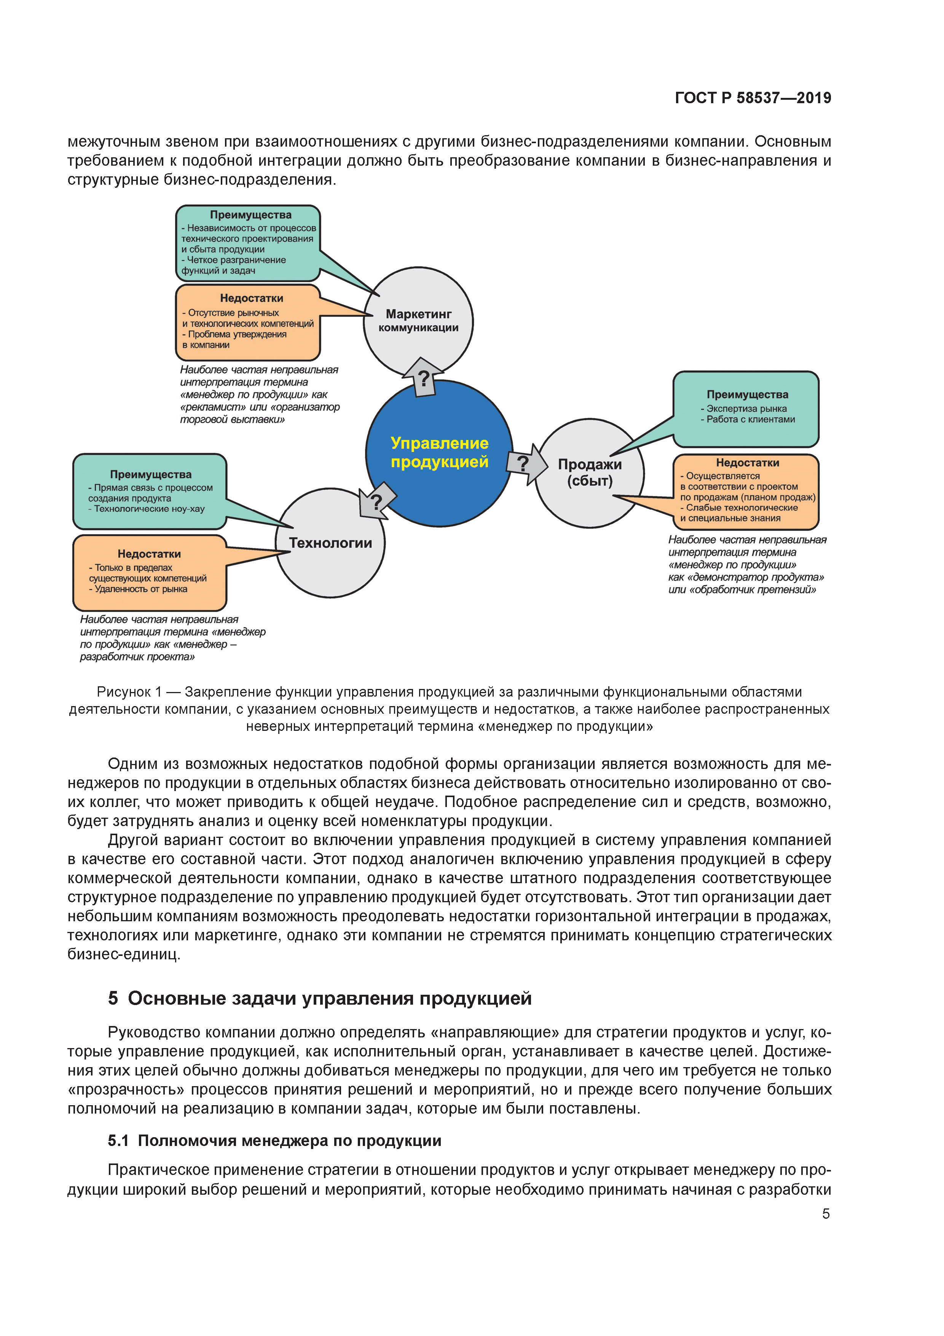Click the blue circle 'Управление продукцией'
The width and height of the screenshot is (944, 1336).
click(439, 453)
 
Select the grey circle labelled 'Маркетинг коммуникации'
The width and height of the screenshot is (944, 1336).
click(418, 321)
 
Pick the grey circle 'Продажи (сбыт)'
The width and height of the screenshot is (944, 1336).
click(589, 473)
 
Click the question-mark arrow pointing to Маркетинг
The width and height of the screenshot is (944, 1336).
click(423, 378)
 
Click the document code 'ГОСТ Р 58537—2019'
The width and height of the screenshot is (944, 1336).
click(753, 98)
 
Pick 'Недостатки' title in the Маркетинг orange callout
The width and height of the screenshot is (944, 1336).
click(251, 298)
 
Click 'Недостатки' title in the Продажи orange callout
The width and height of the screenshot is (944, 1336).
click(748, 463)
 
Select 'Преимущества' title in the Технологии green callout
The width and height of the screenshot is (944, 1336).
click(151, 474)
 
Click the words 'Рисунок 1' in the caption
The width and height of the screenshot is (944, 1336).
click(129, 692)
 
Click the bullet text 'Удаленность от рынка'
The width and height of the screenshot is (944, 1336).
click(141, 589)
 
